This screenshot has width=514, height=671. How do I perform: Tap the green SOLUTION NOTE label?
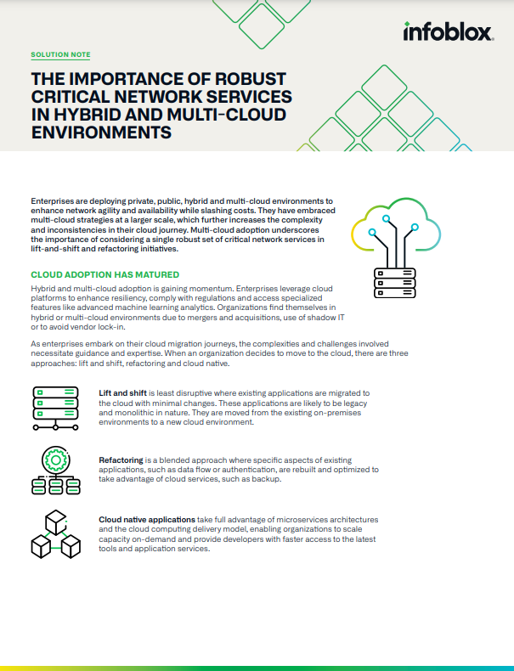coord(60,54)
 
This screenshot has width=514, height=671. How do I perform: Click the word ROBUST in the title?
coord(248,78)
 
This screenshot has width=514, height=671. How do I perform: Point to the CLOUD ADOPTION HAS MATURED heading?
coord(104,274)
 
